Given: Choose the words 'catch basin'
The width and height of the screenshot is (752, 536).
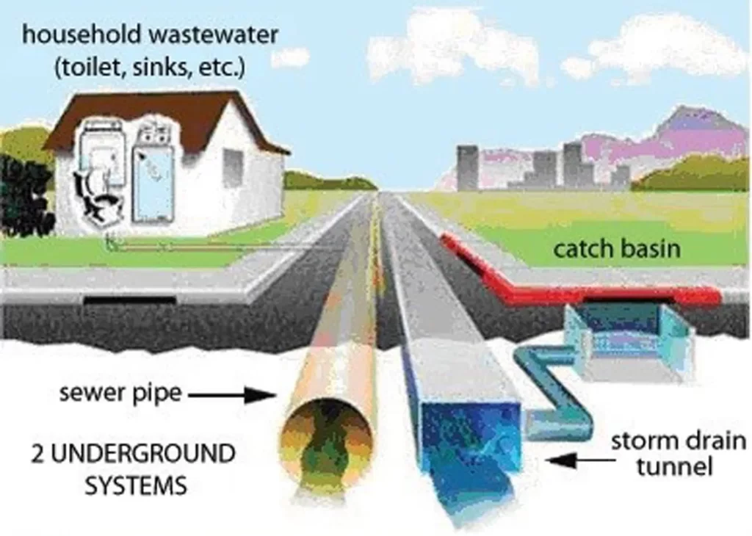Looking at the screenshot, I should (x=617, y=249).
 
